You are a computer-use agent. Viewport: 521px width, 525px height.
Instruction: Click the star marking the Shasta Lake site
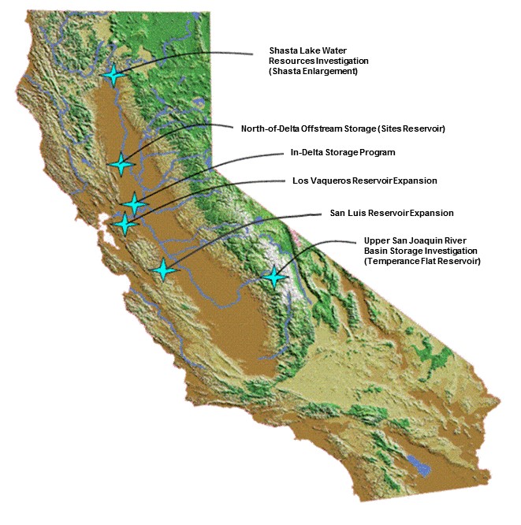(114, 75)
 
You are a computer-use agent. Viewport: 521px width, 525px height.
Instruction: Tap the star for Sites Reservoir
(121, 163)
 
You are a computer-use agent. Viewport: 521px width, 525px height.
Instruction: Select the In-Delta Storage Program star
(134, 203)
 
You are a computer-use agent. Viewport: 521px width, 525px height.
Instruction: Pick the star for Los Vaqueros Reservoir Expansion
(125, 224)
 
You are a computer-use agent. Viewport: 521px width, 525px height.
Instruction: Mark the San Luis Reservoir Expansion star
(163, 270)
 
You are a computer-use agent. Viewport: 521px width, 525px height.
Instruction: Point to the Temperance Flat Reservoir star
(274, 277)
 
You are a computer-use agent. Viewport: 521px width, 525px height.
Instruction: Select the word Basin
(377, 250)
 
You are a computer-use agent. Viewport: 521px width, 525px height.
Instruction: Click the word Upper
(377, 240)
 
